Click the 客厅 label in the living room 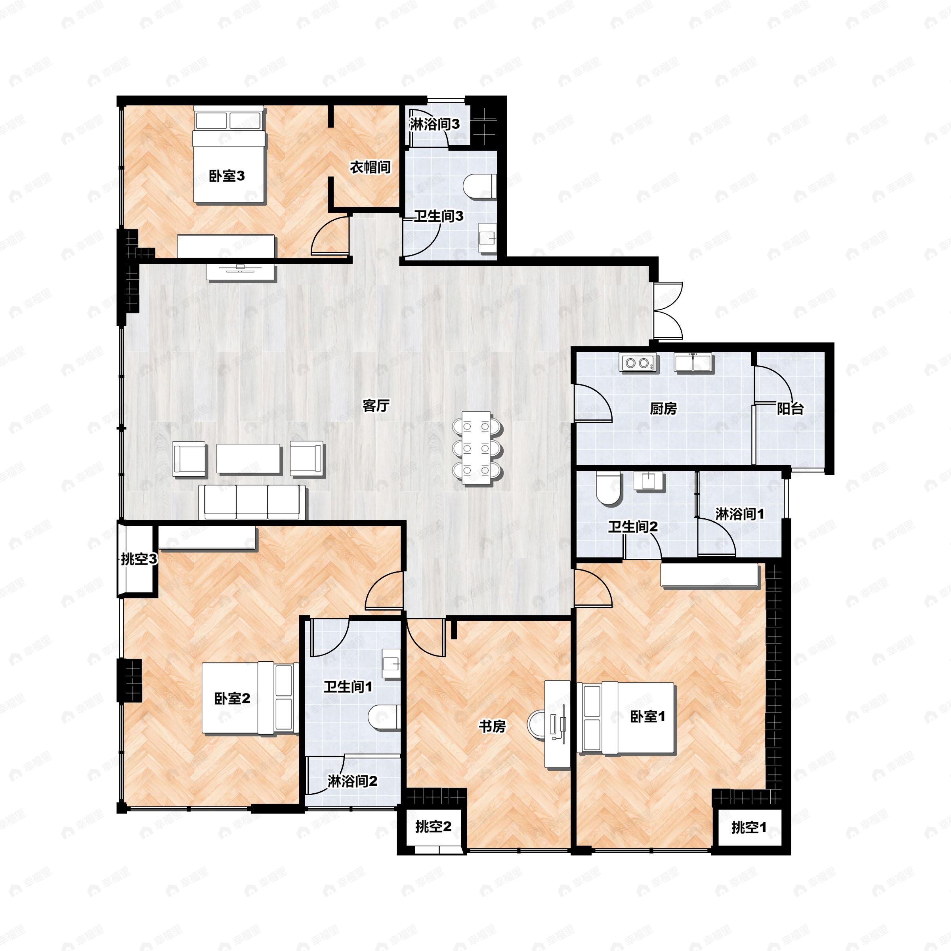tap(376, 406)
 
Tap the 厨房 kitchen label tap(663, 409)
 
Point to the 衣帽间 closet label tap(370, 167)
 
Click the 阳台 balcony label tap(790, 409)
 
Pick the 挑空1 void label tap(749, 827)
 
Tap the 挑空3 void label tap(139, 559)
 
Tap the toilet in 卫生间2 tap(608, 489)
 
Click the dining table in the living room tap(477, 449)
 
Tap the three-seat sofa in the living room tap(252, 502)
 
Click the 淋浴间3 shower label tap(435, 124)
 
